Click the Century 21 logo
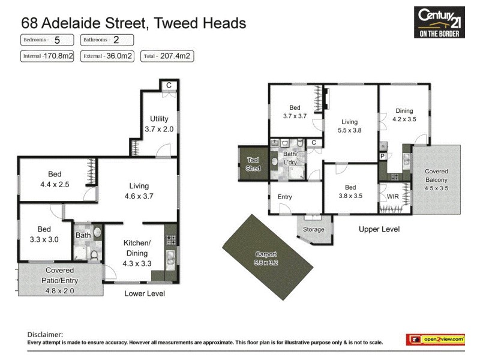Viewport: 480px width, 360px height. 440,22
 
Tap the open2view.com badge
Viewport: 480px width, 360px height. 437,340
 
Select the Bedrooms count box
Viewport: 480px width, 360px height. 47,40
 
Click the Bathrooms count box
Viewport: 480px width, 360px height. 107,40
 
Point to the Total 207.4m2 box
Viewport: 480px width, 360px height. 167,57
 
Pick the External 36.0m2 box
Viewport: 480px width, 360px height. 107,57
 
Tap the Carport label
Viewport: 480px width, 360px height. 266,258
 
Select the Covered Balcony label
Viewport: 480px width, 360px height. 436,179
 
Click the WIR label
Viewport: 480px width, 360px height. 393,196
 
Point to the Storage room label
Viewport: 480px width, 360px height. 313,229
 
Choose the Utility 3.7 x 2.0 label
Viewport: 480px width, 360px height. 159,124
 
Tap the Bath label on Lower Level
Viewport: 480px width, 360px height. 83,236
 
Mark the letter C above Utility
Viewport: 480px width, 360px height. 169,85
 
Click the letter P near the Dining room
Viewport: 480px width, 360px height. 382,156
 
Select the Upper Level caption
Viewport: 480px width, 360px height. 379,229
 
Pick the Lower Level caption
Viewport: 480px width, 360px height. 144,293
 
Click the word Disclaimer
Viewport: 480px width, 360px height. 45,334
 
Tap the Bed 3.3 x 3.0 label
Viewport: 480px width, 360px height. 44,234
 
